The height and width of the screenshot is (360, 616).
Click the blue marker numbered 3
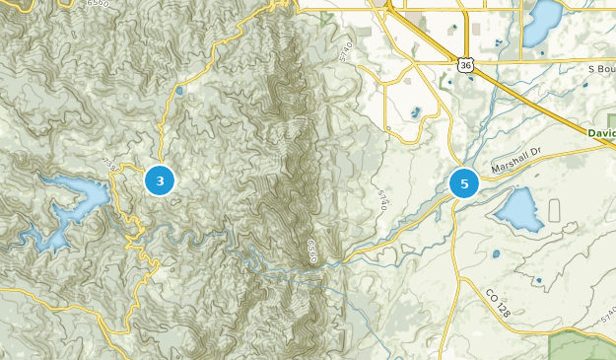coord(160,180)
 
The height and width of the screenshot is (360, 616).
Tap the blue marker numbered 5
coord(463,183)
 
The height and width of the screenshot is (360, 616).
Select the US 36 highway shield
coord(465,64)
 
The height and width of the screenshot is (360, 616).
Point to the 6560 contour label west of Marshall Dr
coord(312,250)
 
